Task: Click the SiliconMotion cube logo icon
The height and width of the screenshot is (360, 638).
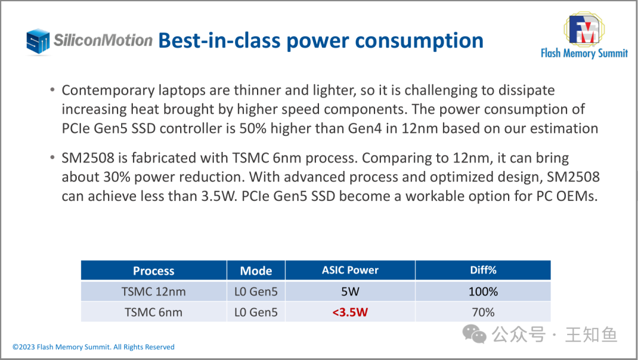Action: pos(38,41)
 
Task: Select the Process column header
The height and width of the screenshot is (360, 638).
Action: pos(154,271)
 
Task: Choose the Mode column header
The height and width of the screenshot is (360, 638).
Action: pos(256,271)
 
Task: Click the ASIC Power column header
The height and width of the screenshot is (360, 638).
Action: pos(350,270)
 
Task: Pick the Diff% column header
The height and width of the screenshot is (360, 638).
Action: pos(483,270)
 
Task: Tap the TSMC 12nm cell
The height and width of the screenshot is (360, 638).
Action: pos(154,291)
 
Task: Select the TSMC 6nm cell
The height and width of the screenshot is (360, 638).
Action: pos(154,312)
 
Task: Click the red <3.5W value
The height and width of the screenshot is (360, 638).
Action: pos(350,312)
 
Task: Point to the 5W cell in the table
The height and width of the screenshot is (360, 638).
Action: pos(350,291)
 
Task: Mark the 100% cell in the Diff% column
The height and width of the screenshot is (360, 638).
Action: pos(483,291)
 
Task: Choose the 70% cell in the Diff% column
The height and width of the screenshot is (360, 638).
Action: pos(483,312)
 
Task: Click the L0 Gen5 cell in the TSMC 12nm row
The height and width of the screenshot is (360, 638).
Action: pos(256,291)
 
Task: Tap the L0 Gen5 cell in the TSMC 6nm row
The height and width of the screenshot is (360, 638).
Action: pos(256,312)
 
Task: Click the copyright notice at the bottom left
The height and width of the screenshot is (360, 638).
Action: pos(93,347)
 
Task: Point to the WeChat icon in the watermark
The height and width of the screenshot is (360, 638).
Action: pos(474,335)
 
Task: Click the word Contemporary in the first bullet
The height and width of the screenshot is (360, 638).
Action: pos(108,90)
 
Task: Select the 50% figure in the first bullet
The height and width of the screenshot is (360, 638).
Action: pos(253,128)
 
